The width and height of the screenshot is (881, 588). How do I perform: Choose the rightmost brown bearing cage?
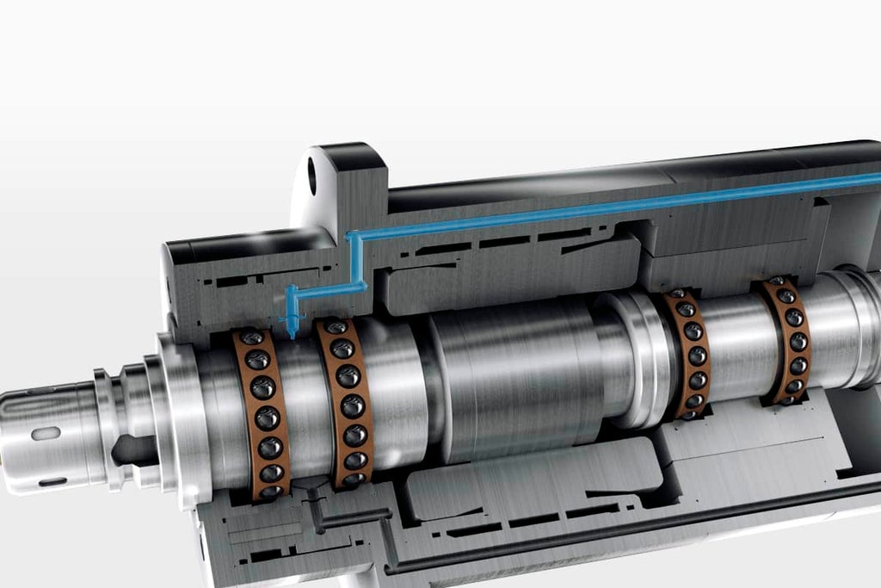click(x=786, y=341)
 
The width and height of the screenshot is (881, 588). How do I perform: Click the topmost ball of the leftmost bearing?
click(x=251, y=339)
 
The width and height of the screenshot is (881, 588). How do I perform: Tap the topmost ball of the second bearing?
click(x=336, y=328)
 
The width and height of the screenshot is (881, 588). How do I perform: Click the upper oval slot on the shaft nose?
click(x=46, y=433)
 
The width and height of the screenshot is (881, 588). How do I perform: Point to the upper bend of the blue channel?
click(x=352, y=235)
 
